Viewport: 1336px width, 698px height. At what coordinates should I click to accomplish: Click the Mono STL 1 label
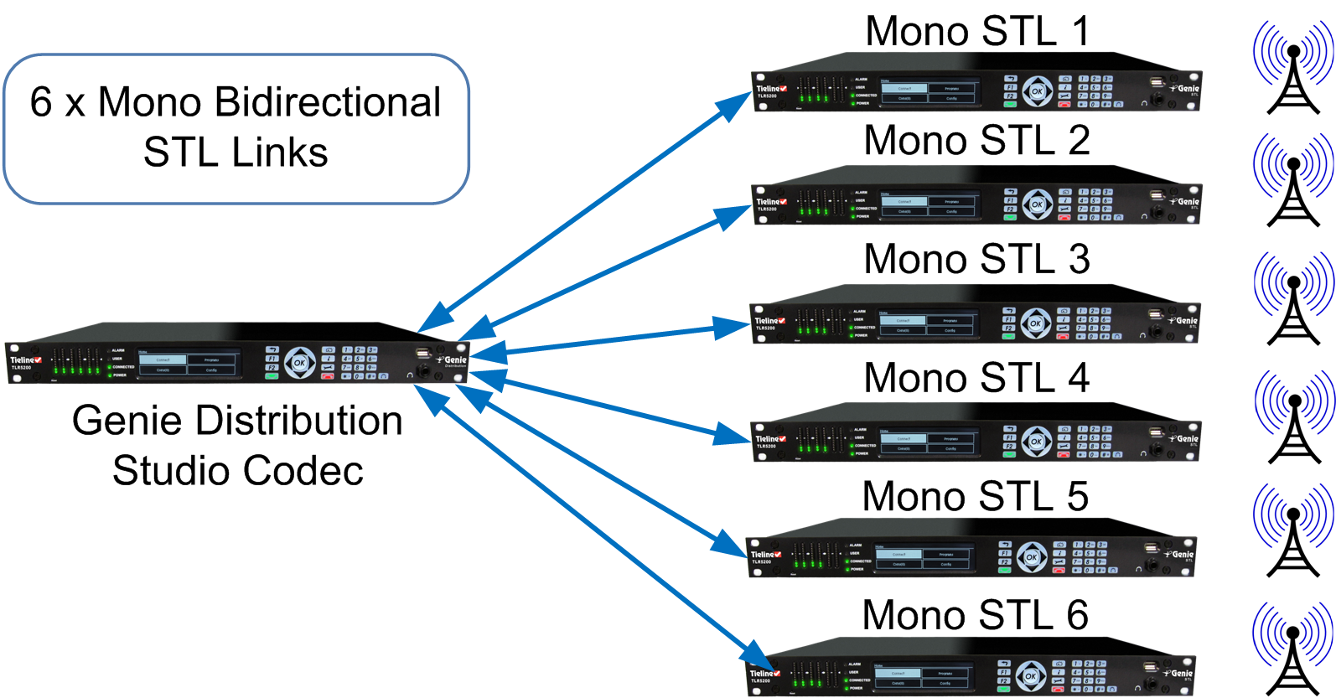tap(976, 32)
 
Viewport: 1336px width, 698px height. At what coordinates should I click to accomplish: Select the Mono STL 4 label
tap(976, 378)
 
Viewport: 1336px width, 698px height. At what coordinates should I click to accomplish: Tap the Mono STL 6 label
tap(975, 616)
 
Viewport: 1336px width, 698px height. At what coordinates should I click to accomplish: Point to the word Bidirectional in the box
tap(327, 102)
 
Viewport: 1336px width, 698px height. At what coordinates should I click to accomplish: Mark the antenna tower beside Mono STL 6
tap(1292, 649)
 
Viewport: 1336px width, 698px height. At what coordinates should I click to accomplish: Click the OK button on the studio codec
tap(300, 363)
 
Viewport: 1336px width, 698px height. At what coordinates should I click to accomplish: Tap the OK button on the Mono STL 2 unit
tap(1037, 204)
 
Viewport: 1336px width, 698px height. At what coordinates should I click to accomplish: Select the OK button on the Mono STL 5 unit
tap(1032, 556)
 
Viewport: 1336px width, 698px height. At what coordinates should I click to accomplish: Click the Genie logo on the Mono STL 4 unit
tap(1185, 438)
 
